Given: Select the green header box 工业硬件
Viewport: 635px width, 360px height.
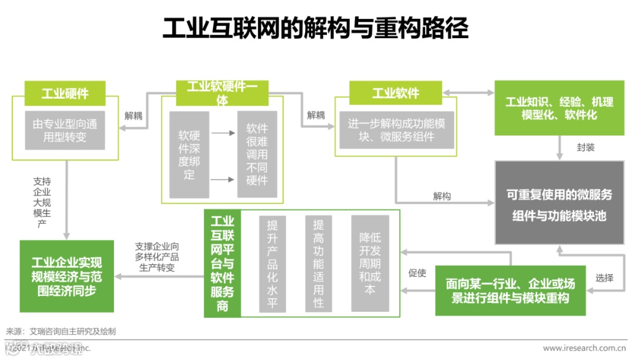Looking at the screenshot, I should click(x=65, y=93).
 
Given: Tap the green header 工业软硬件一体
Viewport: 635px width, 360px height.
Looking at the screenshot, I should click(x=222, y=93).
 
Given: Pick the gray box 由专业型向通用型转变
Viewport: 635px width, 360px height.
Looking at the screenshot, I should click(x=65, y=131).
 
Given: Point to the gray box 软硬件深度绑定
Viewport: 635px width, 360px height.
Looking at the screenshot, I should click(x=189, y=154).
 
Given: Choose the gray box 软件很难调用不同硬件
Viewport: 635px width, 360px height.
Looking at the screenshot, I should click(x=257, y=154).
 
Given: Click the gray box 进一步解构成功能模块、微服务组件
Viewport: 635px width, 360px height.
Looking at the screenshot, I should click(x=395, y=131).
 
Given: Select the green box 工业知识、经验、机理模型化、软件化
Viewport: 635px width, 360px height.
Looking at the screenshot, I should click(x=559, y=108).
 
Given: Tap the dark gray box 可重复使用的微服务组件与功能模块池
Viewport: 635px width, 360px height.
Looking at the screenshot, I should click(x=559, y=203).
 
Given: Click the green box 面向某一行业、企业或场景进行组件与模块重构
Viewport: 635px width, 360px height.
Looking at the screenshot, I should click(x=510, y=291).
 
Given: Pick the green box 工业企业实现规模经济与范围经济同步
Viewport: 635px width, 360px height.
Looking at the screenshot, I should click(x=66, y=276).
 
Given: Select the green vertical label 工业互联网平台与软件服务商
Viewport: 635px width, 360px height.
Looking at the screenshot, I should click(x=222, y=264).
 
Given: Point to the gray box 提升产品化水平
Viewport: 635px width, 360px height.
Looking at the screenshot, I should click(x=272, y=264).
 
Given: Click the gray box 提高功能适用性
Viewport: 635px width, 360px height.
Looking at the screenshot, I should click(x=318, y=264).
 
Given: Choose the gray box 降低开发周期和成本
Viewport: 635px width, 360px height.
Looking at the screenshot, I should click(x=370, y=264).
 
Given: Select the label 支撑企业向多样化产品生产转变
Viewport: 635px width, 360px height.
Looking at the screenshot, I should click(x=157, y=256).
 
